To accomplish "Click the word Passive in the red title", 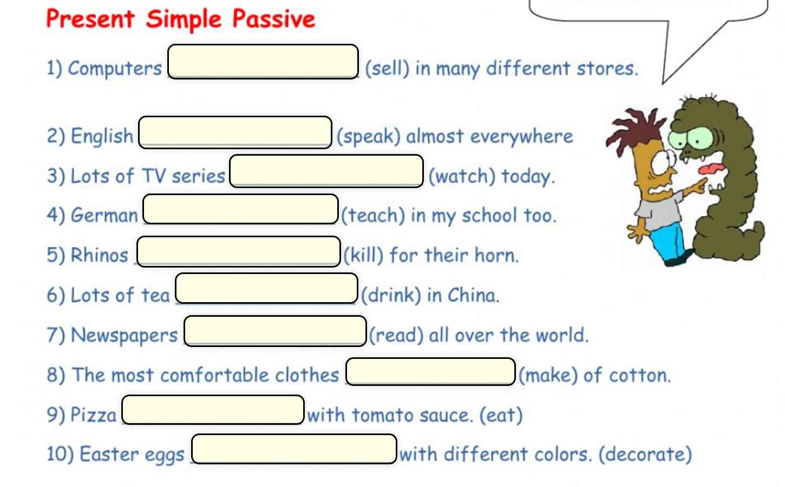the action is tap(274, 19).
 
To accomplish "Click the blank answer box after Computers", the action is tap(263, 62).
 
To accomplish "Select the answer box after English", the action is tap(235, 132).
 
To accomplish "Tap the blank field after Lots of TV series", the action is tap(326, 171).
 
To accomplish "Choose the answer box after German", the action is tap(240, 209).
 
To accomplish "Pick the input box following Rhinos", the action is tap(239, 251).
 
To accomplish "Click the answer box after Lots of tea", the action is tap(266, 288).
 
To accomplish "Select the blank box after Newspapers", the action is tap(275, 331).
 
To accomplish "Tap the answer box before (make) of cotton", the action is tap(430, 371).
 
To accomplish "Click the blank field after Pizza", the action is tap(213, 410).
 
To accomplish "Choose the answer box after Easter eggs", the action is tap(294, 449).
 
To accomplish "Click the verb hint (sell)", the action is tap(387, 69).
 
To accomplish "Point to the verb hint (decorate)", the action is tap(645, 455).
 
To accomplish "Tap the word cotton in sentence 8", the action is tap(639, 376).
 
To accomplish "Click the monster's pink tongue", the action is tap(711, 169).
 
